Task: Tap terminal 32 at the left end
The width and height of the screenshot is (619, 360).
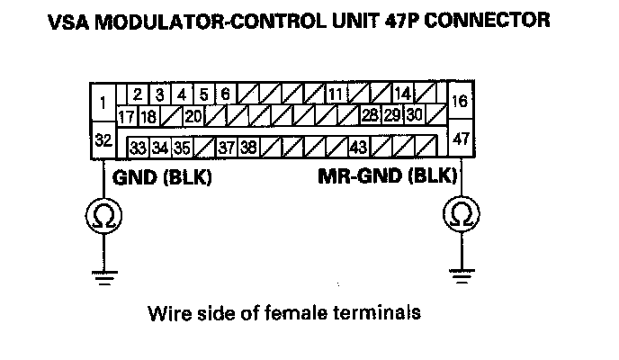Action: [103, 140]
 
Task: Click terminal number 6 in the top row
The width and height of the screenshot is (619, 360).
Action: [224, 94]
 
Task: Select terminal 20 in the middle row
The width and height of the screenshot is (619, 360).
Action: [193, 116]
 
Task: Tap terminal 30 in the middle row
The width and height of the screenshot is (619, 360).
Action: [414, 116]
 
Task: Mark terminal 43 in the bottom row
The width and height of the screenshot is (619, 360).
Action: [358, 147]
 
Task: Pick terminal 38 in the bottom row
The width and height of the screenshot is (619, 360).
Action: [248, 147]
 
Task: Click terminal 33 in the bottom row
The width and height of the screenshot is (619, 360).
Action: [139, 147]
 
